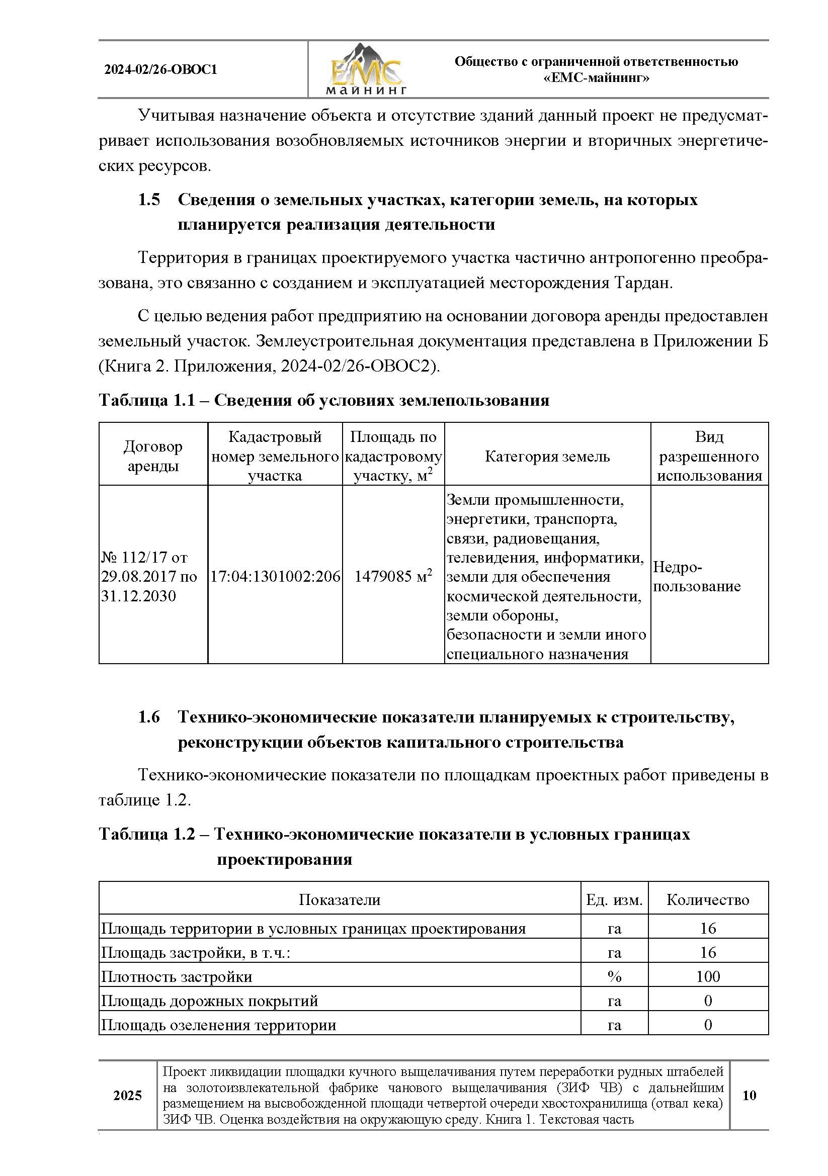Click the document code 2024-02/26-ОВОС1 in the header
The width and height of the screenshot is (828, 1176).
click(160, 70)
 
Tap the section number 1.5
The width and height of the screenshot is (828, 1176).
click(148, 200)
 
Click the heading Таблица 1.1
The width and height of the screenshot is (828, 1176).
click(146, 400)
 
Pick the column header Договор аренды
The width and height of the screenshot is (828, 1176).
click(153, 456)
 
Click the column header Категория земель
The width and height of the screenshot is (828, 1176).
click(547, 456)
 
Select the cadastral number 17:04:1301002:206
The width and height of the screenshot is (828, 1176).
click(275, 576)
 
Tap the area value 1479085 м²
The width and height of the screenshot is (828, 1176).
click(393, 576)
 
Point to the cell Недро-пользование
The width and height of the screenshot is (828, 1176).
click(696, 576)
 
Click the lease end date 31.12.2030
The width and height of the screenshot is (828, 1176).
click(138, 596)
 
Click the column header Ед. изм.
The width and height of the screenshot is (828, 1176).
click(614, 900)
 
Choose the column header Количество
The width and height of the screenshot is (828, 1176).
click(708, 900)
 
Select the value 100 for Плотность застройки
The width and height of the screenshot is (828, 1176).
click(708, 976)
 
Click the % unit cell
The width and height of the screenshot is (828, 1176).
click(614, 976)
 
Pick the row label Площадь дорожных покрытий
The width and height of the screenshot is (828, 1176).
click(210, 1001)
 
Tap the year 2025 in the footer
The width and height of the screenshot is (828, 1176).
click(128, 1095)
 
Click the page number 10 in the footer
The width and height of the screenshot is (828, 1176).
click(749, 1095)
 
